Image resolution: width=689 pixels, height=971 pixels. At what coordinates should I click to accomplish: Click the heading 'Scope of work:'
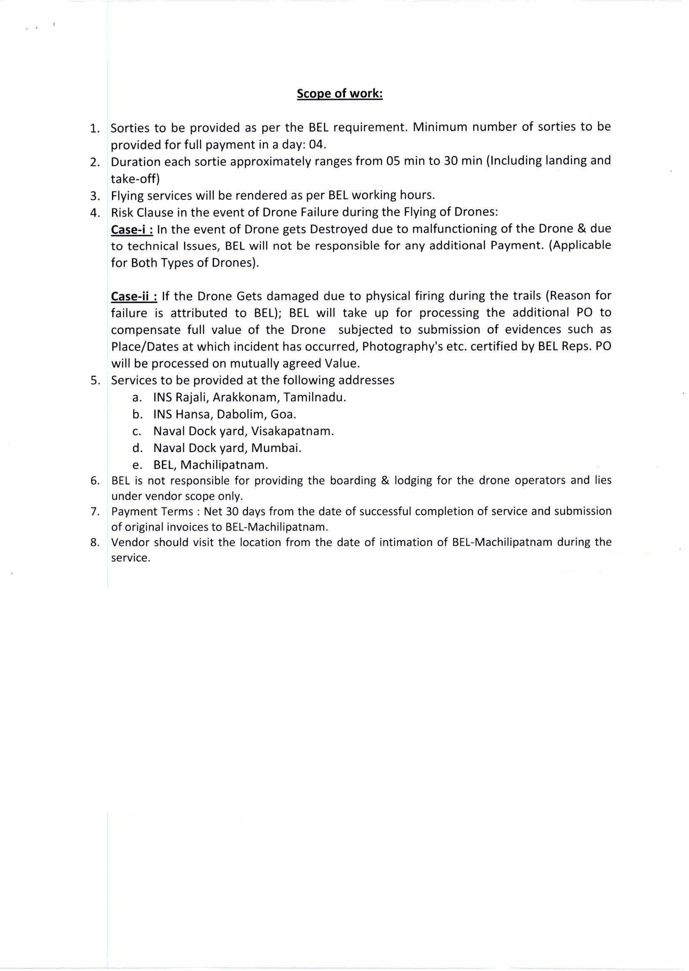(339, 93)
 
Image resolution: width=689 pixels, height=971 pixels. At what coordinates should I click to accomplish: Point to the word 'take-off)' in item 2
(135, 179)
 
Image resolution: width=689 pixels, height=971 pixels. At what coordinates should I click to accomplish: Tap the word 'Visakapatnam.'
(292, 431)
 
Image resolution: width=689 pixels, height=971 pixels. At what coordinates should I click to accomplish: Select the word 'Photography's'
(400, 347)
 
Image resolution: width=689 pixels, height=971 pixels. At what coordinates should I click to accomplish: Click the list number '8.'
(95, 542)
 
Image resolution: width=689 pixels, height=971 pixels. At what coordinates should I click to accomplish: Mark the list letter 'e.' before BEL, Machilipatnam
(137, 465)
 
